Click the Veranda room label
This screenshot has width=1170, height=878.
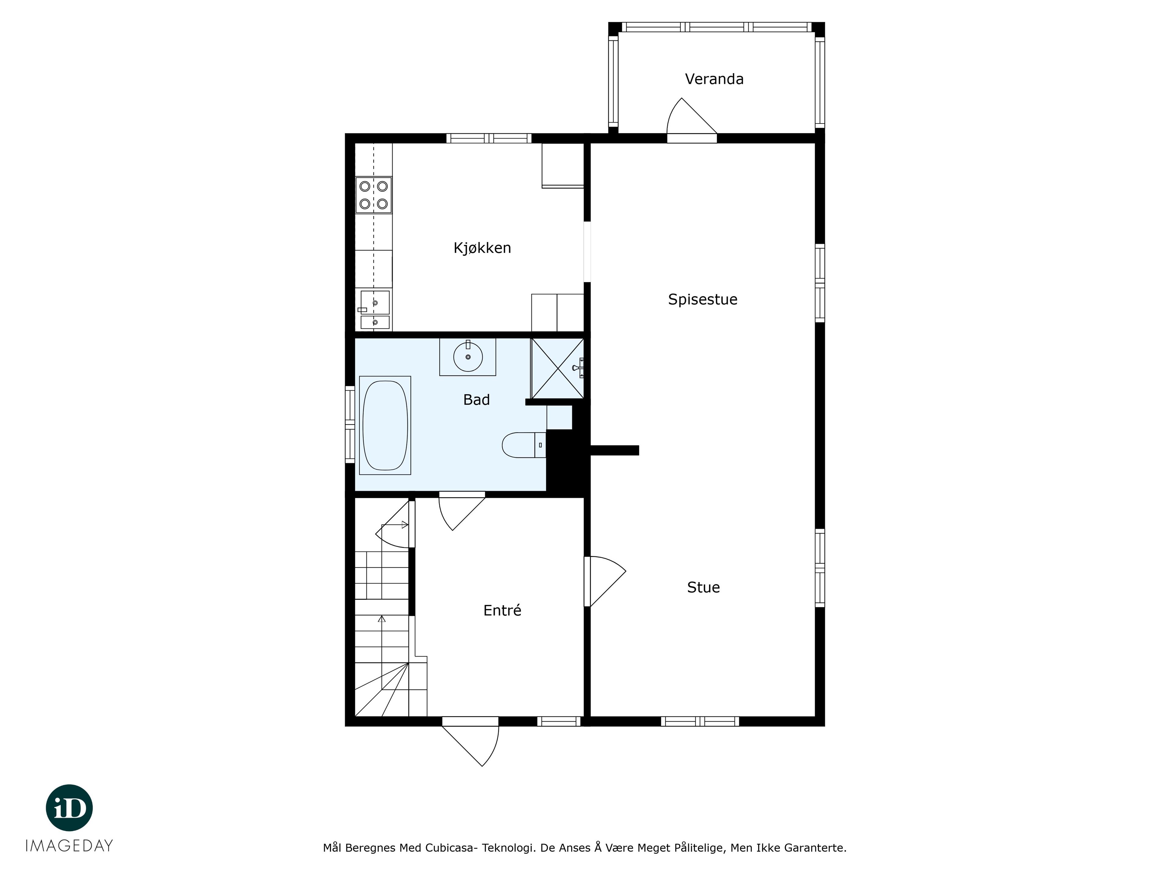click(x=714, y=79)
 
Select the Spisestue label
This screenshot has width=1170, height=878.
click(x=702, y=300)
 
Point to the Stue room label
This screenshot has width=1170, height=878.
click(x=704, y=587)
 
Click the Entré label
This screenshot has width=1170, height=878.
click(x=502, y=610)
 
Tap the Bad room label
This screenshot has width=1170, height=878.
click(x=476, y=400)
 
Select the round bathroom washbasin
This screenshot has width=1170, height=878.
click(x=468, y=357)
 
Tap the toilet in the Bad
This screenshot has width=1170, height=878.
click(x=524, y=444)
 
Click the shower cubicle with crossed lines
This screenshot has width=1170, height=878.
click(x=558, y=368)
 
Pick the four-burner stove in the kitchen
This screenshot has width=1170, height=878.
click(x=374, y=195)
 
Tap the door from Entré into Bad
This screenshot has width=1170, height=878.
click(x=461, y=512)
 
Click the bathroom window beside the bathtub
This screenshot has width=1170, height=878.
click(x=349, y=424)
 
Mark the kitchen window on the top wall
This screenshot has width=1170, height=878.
click(x=489, y=138)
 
